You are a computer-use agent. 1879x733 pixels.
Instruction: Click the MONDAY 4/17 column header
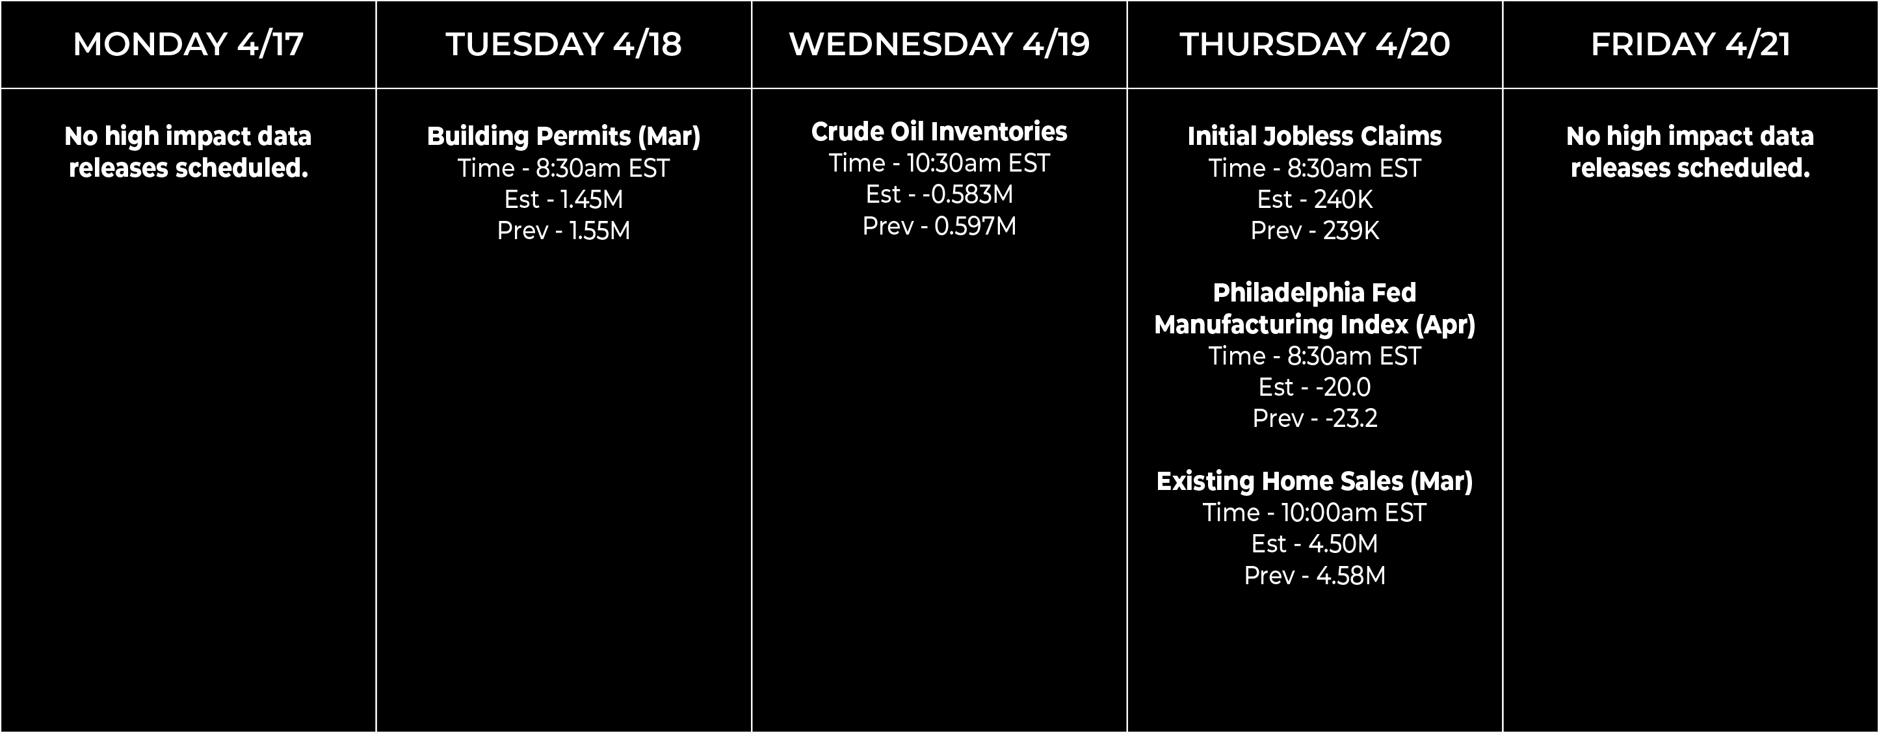pos(188,44)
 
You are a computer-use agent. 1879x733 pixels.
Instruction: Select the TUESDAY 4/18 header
pos(564,44)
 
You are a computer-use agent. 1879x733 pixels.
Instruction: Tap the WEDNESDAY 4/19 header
pos(939,44)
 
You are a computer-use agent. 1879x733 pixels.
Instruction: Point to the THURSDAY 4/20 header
pos(1315,44)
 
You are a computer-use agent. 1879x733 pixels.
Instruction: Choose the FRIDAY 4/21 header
pos(1691,44)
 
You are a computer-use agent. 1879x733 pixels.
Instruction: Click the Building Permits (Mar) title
pos(564,136)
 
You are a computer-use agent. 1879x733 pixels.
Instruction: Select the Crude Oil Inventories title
pos(939,131)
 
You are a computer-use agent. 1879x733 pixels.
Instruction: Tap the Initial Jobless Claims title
pos(1315,136)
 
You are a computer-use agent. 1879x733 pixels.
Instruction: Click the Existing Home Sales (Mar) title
pos(1315,482)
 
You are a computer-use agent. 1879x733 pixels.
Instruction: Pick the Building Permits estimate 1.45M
pos(592,199)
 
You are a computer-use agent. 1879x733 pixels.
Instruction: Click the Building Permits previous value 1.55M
pos(599,231)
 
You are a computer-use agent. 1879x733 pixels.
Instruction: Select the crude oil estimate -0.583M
pos(967,194)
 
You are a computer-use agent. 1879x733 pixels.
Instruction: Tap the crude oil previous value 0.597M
pos(975,226)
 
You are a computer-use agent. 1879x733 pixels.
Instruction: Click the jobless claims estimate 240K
pos(1344,199)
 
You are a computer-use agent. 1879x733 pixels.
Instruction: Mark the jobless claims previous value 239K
pos(1351,231)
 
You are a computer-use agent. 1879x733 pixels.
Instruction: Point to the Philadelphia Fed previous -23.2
pos(1351,418)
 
